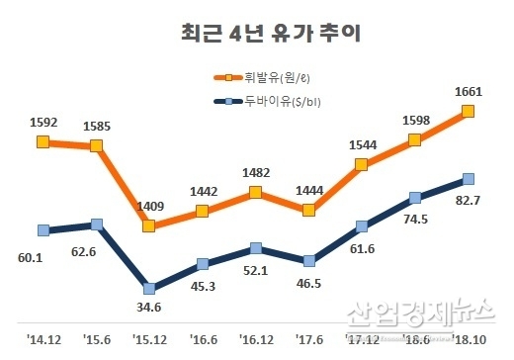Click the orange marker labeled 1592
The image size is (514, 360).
(43, 141)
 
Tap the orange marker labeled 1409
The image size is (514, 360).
(149, 225)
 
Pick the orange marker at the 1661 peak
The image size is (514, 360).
(469, 112)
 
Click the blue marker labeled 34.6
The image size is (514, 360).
(149, 289)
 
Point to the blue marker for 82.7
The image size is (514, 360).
(469, 179)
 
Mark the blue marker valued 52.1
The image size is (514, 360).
(256, 248)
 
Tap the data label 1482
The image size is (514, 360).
(255, 172)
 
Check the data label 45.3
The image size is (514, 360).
(202, 288)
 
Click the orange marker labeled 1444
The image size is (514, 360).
(309, 210)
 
